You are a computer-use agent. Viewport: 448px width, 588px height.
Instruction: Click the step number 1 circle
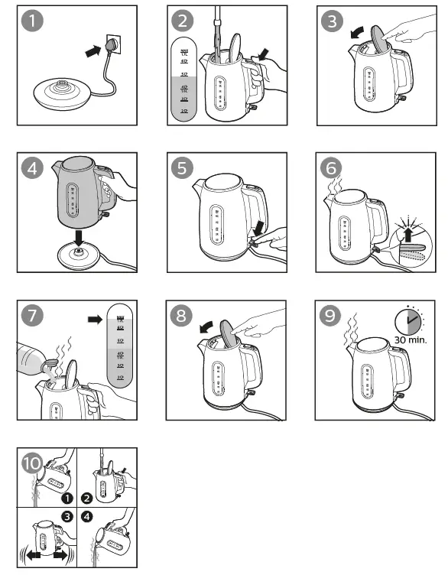pyautogui.click(x=31, y=21)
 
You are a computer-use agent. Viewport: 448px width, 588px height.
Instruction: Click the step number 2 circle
pyautogui.click(x=182, y=21)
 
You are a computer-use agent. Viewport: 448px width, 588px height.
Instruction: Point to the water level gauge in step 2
pyautogui.click(x=184, y=77)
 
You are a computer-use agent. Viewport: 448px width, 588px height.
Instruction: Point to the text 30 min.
pyautogui.click(x=411, y=339)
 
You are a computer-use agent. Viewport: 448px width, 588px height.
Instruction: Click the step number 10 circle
pyautogui.click(x=32, y=463)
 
